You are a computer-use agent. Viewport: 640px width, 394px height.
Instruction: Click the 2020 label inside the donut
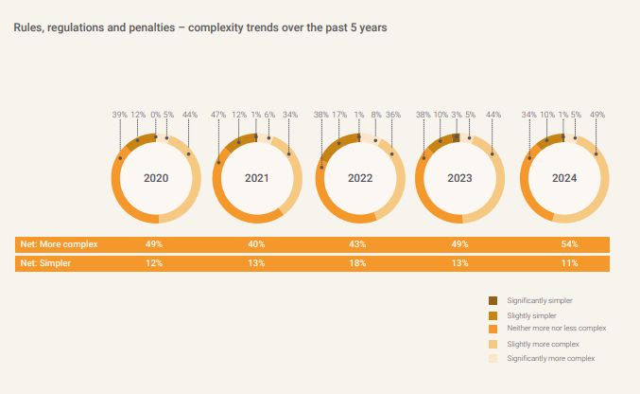(155, 178)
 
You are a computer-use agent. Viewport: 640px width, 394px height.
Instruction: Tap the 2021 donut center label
(257, 178)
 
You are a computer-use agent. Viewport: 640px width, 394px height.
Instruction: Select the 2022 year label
(360, 178)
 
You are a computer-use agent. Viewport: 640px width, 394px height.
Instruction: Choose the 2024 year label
(565, 178)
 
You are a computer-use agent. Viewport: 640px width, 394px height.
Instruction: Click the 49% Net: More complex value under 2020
(154, 244)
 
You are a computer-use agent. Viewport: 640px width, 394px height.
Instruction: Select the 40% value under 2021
(257, 244)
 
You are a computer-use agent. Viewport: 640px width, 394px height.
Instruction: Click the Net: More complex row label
(59, 244)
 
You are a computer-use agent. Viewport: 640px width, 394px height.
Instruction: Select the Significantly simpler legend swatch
(493, 300)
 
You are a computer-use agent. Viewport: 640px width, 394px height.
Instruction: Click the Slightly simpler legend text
(531, 315)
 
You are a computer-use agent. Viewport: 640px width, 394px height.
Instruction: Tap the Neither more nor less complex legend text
(556, 328)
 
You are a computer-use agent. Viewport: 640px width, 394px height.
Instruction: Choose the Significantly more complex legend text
(550, 358)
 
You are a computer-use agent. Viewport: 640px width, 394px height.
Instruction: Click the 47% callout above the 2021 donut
(218, 115)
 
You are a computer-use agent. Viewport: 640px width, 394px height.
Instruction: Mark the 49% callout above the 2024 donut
(597, 115)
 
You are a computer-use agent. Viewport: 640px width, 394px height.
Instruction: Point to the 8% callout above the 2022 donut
(376, 115)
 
